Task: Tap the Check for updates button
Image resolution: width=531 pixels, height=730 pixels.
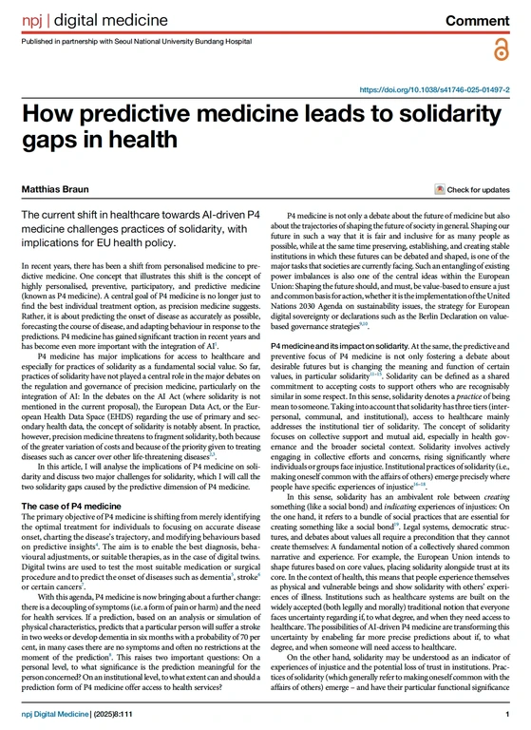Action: click(471, 190)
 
